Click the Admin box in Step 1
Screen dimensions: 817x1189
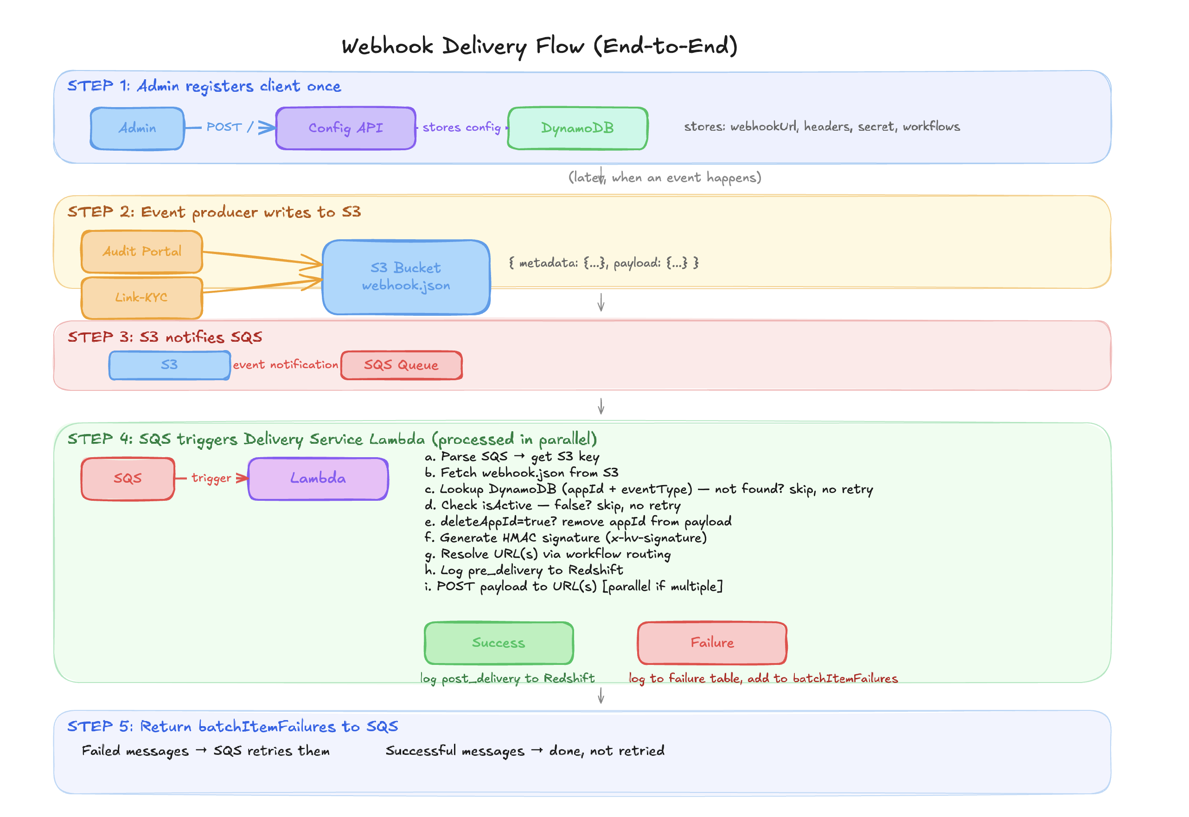click(137, 128)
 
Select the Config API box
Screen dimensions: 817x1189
click(345, 128)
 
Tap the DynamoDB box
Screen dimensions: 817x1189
click(577, 128)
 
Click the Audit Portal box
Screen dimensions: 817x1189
click(142, 251)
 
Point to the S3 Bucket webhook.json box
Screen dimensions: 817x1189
click(406, 277)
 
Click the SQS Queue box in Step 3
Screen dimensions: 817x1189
click(401, 365)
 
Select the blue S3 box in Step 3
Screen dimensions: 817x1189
click(169, 365)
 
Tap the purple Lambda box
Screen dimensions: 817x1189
click(318, 479)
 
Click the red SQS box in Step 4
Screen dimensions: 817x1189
click(128, 479)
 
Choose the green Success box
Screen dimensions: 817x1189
click(499, 643)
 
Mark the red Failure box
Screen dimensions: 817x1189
click(712, 643)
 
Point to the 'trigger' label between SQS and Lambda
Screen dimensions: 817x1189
click(211, 478)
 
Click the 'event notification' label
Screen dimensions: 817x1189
click(285, 365)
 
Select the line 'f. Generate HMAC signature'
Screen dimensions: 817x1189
click(566, 538)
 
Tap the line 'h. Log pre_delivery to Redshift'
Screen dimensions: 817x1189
click(524, 570)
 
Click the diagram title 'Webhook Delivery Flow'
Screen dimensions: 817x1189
click(539, 46)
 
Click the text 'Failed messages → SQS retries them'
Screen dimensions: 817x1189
click(205, 751)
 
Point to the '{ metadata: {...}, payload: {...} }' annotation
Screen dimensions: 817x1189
click(603, 263)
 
